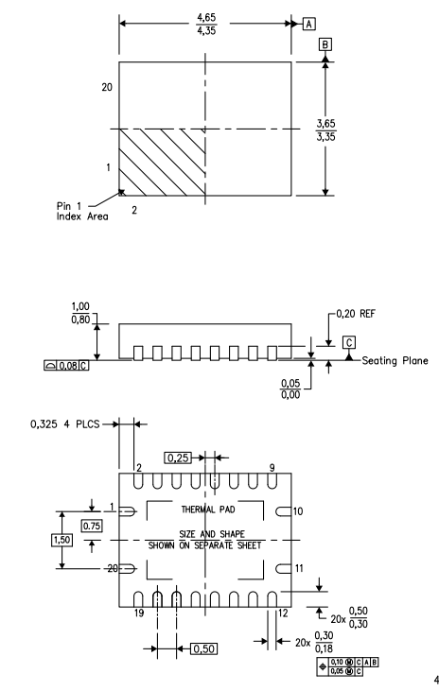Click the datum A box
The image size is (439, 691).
[x=308, y=24]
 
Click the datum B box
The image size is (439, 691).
[x=325, y=44]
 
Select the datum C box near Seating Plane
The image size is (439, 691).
[x=349, y=342]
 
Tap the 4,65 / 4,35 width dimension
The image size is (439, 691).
[x=206, y=25]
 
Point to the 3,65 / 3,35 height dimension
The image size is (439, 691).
[x=325, y=130]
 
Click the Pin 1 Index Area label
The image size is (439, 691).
[x=82, y=211]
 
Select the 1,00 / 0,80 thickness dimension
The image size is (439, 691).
[x=80, y=313]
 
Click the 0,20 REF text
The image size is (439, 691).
[x=356, y=314]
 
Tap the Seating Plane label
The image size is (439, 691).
[x=395, y=360]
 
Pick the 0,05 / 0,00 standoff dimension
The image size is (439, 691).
[x=290, y=389]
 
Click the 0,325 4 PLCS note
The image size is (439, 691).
[x=65, y=423]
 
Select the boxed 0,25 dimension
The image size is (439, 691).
[x=179, y=458]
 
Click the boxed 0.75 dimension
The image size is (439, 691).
[x=92, y=526]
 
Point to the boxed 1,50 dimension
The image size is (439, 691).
[x=61, y=540]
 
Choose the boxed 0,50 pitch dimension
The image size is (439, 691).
[x=203, y=648]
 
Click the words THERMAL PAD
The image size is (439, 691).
[x=208, y=510]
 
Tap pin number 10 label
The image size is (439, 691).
[x=298, y=511]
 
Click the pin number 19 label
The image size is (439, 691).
[x=139, y=613]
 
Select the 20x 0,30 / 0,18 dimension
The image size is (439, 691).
[x=314, y=642]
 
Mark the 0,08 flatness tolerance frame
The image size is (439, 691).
[x=66, y=365]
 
